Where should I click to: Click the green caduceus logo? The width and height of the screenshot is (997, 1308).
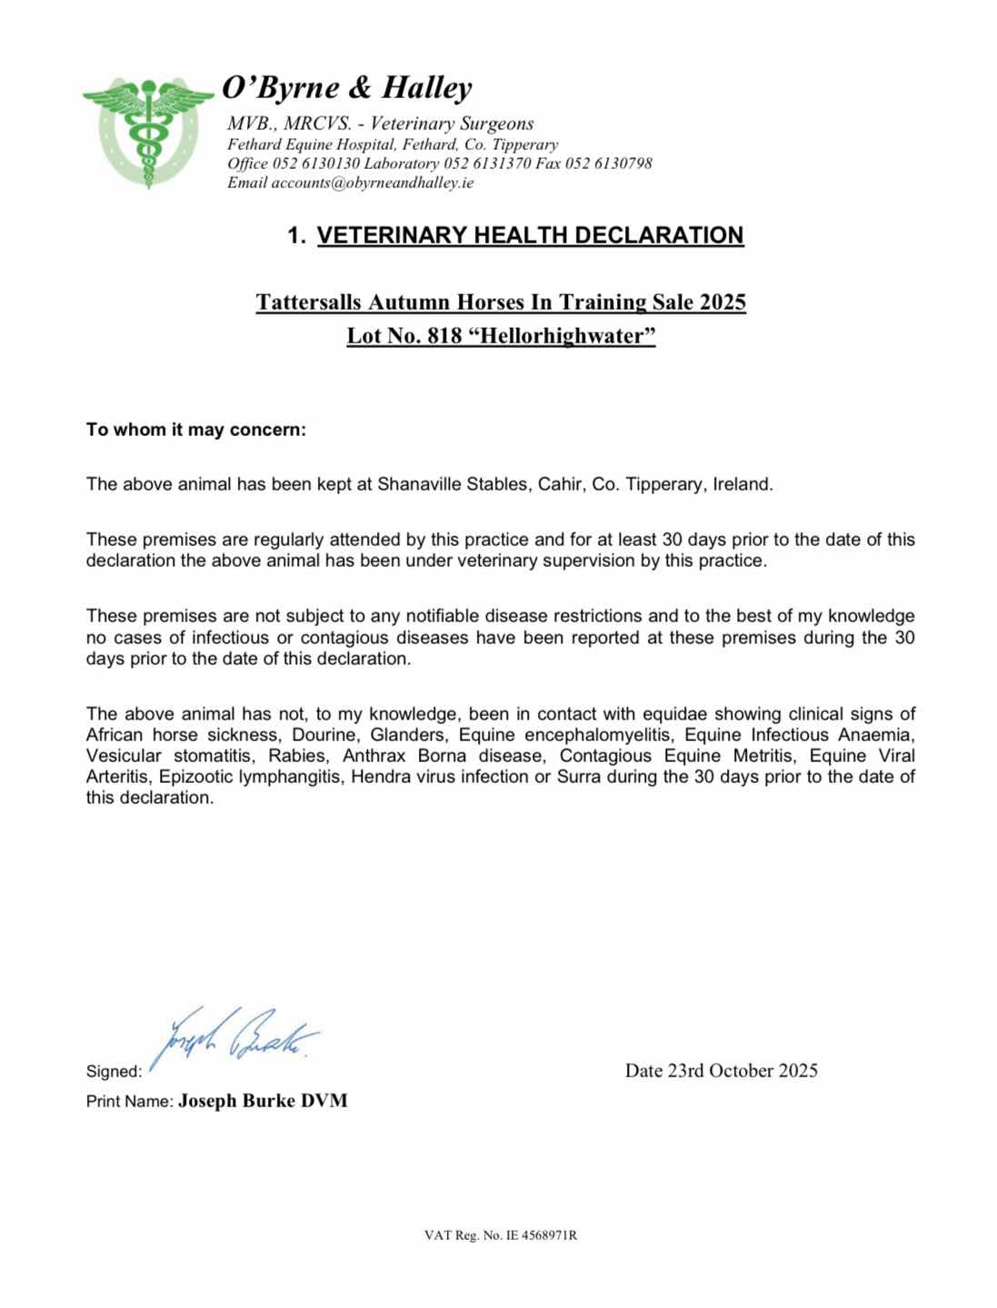[x=146, y=129]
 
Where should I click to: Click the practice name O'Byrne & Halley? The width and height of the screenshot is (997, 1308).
[x=347, y=88]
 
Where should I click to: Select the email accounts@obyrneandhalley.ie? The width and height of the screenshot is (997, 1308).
[x=373, y=183]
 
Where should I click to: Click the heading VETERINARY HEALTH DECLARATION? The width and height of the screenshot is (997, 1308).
[x=530, y=235]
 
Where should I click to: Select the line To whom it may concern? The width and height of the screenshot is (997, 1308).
[x=196, y=430]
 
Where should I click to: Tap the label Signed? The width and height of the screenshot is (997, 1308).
[x=114, y=1072]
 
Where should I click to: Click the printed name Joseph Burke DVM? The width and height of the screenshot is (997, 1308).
[x=263, y=1101]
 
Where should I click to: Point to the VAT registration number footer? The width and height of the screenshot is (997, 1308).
[x=501, y=1236]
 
